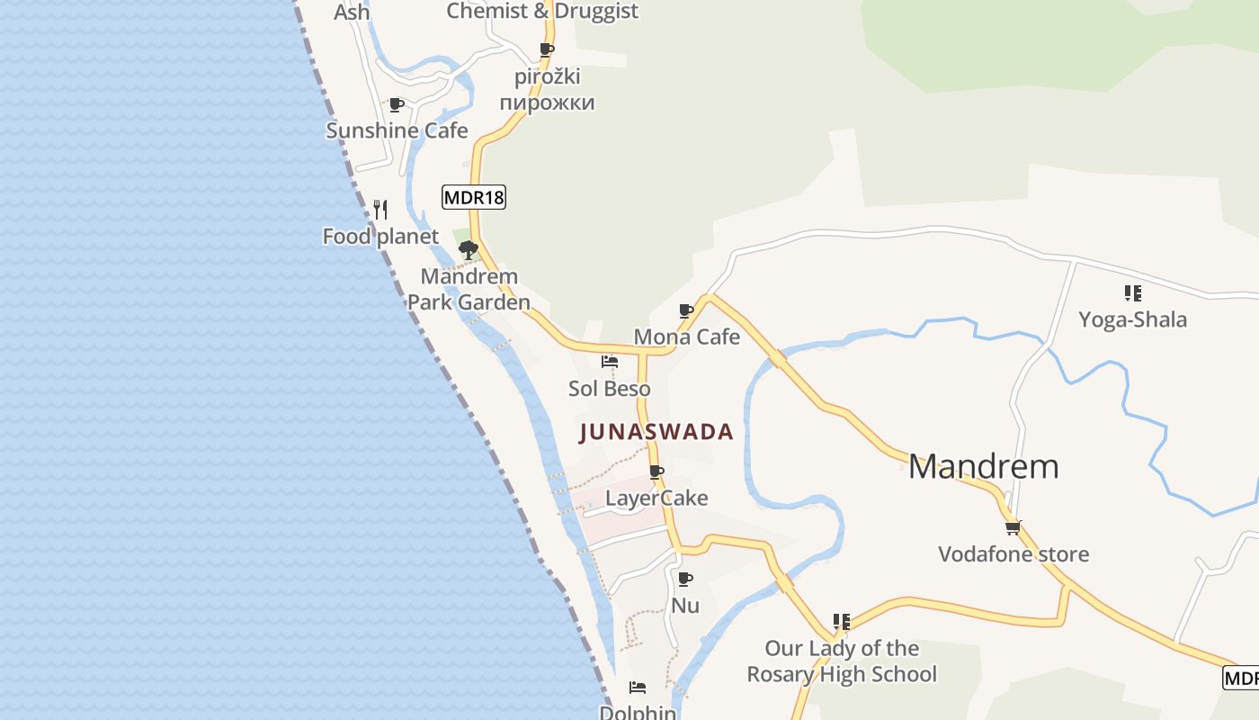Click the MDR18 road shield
pyautogui.click(x=474, y=197)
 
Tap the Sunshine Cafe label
pyautogui.click(x=397, y=130)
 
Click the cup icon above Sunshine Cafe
pyautogui.click(x=396, y=104)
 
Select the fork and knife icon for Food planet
pyautogui.click(x=380, y=210)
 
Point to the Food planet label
pyautogui.click(x=380, y=237)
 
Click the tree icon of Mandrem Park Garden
pyautogui.click(x=468, y=249)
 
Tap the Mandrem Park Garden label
pyautogui.click(x=469, y=289)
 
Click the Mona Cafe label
pyautogui.click(x=686, y=337)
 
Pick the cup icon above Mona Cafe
pyautogui.click(x=686, y=311)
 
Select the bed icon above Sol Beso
pyautogui.click(x=609, y=362)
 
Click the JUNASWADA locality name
pyautogui.click(x=656, y=432)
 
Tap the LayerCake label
pyautogui.click(x=656, y=498)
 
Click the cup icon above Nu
pyautogui.click(x=685, y=579)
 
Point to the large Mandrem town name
pyautogui.click(x=983, y=466)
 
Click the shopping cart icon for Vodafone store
pyautogui.click(x=1013, y=528)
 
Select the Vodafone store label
pyautogui.click(x=1013, y=553)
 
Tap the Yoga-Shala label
pyautogui.click(x=1132, y=319)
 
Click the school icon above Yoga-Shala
pyautogui.click(x=1132, y=293)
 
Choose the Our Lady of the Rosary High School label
pyautogui.click(x=842, y=661)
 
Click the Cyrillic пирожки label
pyautogui.click(x=547, y=102)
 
